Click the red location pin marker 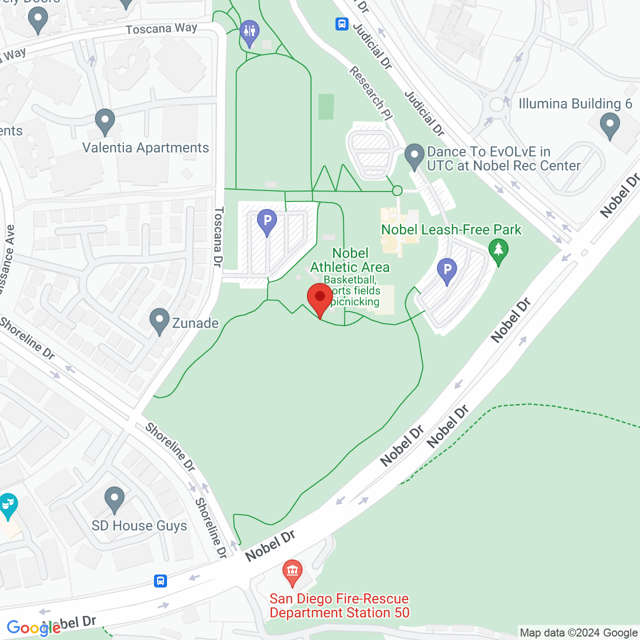tap(320, 297)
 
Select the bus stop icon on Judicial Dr tap(342, 23)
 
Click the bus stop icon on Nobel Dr tap(160, 580)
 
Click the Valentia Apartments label tap(145, 148)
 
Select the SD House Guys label tap(139, 526)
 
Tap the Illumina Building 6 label tap(575, 104)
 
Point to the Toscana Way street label tap(161, 29)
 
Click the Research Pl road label tap(370, 93)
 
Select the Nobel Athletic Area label tap(350, 260)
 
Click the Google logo tap(33, 628)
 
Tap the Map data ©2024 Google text tap(578, 633)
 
